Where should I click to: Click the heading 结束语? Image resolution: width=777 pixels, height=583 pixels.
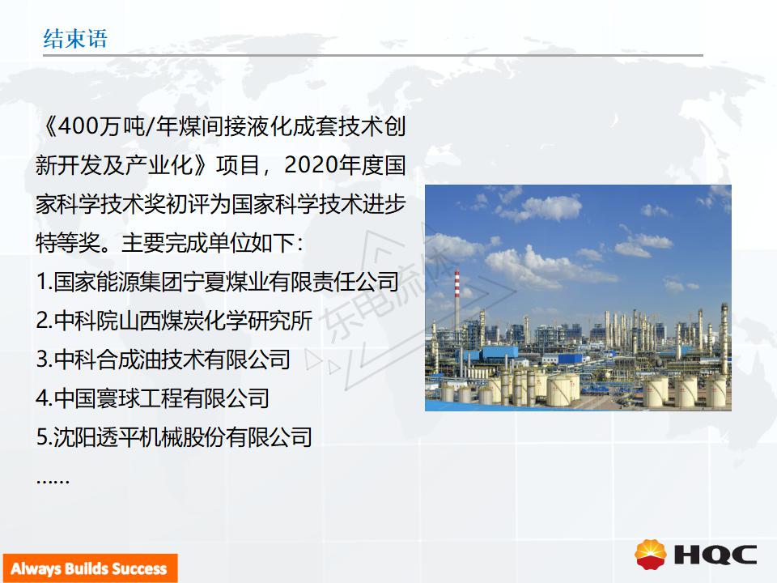point(75,39)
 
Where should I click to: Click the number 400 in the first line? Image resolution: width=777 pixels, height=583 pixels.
point(79,126)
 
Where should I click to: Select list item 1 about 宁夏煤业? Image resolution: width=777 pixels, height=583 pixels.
point(218,282)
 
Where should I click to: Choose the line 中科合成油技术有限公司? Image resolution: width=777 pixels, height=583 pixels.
point(163,359)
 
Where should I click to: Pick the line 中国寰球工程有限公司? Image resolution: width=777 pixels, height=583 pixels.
point(153,398)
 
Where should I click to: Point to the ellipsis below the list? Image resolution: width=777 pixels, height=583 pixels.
point(53,481)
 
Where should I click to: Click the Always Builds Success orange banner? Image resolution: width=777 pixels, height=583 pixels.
point(90,568)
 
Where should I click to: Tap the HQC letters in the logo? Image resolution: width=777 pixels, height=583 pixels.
point(716,555)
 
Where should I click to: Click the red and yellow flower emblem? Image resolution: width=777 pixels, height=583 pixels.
point(651,555)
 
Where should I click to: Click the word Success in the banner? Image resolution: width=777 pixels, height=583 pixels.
point(140,568)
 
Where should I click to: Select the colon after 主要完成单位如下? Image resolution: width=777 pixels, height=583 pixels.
point(299,244)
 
